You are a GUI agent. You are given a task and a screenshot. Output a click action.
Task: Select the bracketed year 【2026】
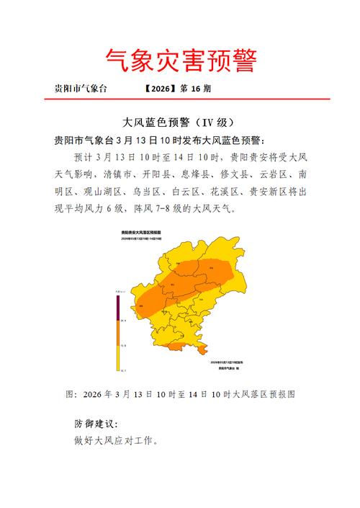click(x=160, y=89)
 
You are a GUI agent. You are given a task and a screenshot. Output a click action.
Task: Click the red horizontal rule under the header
click(x=180, y=99)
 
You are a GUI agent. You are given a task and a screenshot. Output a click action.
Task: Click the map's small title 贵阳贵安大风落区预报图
click(x=140, y=233)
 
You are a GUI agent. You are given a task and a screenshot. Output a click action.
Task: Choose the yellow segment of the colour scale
click(x=117, y=358)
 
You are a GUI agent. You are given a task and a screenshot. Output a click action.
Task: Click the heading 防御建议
click(x=95, y=424)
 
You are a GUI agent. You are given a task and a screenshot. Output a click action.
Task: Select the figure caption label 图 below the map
click(x=70, y=394)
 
